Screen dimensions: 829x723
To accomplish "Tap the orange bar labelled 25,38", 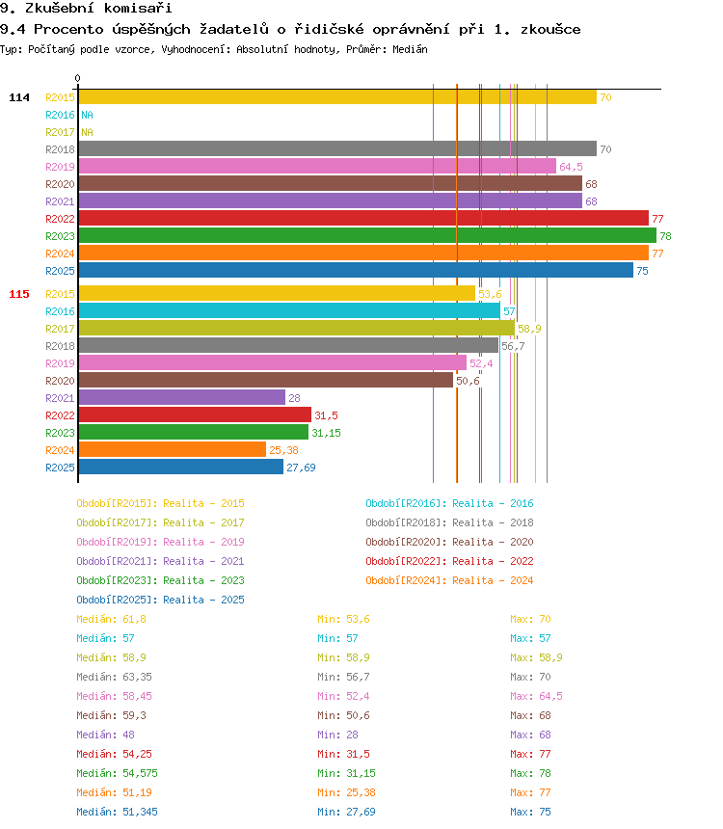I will tap(172, 450).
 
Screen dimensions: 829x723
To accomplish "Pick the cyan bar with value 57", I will tap(288, 311).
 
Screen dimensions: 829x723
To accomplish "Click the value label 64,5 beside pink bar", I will tap(571, 167).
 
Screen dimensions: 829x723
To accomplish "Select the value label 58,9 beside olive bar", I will tap(529, 329).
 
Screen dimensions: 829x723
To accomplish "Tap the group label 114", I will tap(19, 97).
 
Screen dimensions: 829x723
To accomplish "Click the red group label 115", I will tap(19, 294).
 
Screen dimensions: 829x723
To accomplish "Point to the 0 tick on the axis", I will tap(78, 78).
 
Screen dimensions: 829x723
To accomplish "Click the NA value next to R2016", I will tap(87, 115).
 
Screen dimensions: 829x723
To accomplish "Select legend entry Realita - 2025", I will tap(160, 600).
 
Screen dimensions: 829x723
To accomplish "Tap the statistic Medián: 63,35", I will tap(111, 677).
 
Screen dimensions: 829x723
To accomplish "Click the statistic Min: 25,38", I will tap(347, 792).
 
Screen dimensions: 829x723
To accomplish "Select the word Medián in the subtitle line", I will tap(409, 48).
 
